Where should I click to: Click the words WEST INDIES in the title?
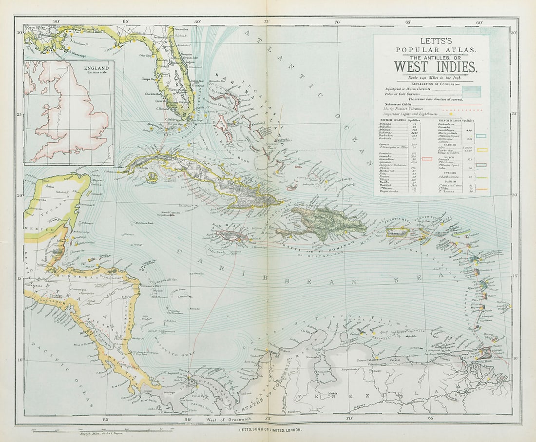[435, 66]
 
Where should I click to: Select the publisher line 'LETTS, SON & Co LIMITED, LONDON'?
[270, 429]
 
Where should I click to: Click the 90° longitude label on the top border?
[57, 22]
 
